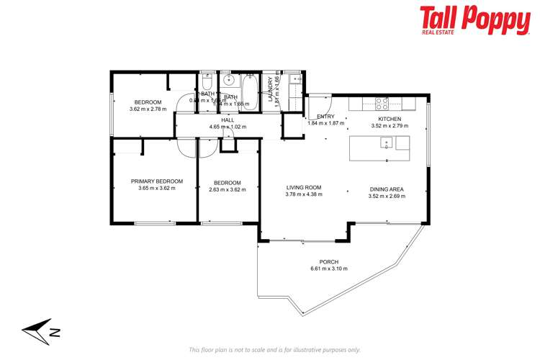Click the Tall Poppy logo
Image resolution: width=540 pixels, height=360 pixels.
[x=474, y=22]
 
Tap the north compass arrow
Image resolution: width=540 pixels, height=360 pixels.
[x=40, y=331]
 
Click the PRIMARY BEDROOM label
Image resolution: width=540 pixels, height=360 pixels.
[x=156, y=181]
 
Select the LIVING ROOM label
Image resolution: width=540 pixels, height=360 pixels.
[x=303, y=187]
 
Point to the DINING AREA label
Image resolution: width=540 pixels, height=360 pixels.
[x=387, y=189]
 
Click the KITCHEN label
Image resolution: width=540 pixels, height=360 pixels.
[x=390, y=118]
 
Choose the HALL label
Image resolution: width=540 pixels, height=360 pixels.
[x=228, y=120]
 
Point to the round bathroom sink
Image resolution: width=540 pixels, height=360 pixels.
[x=227, y=80]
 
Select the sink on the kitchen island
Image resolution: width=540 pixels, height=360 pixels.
[x=386, y=141]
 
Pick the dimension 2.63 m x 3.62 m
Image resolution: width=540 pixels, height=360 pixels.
[x=227, y=189]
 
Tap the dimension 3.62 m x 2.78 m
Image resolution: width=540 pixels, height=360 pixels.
[x=148, y=109]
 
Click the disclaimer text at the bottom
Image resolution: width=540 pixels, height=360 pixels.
[x=274, y=349]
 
